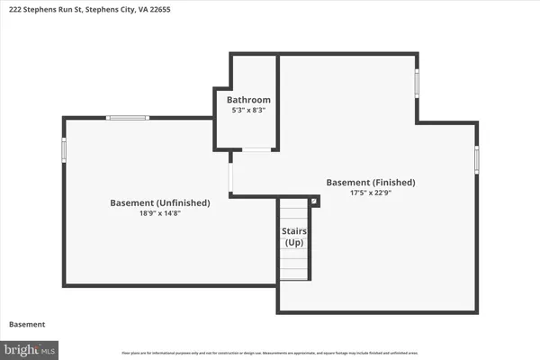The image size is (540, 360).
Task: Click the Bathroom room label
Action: coord(248,99)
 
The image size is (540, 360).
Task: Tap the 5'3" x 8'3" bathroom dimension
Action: coord(248,110)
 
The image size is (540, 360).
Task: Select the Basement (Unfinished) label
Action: coord(160,203)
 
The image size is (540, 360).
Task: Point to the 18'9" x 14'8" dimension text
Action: coord(160,214)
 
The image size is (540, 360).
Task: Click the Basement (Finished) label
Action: coord(371,182)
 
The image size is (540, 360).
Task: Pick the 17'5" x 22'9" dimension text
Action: coord(371,193)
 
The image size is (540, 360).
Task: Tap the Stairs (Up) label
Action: coord(294,238)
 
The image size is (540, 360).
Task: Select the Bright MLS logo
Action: coord(30,347)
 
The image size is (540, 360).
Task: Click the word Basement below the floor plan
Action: coord(27,324)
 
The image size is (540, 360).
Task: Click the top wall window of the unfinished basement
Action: coord(127,118)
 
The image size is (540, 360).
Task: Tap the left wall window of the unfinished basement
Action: coord(63,149)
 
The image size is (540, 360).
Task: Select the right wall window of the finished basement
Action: coord(477,159)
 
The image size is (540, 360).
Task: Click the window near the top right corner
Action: coord(417,83)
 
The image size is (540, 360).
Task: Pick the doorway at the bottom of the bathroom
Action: coord(256,149)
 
